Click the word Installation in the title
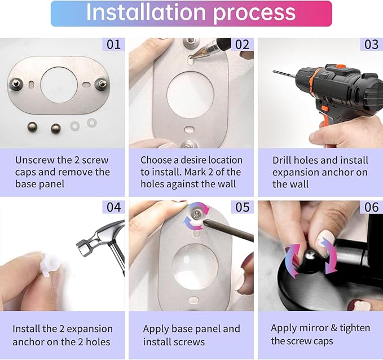pyautogui.click(x=146, y=12)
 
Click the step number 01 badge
pyautogui.click(x=113, y=44)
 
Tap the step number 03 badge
pyautogui.click(x=371, y=44)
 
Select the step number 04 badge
pyautogui.click(x=113, y=207)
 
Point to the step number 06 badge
pyautogui.click(x=371, y=207)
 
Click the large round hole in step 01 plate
pyautogui.click(x=59, y=85)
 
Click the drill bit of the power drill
pyautogui.click(x=284, y=73)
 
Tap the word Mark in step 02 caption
pyautogui.click(x=194, y=172)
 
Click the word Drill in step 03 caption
pyautogui.click(x=281, y=160)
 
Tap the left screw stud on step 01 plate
pyautogui.click(x=16, y=84)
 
